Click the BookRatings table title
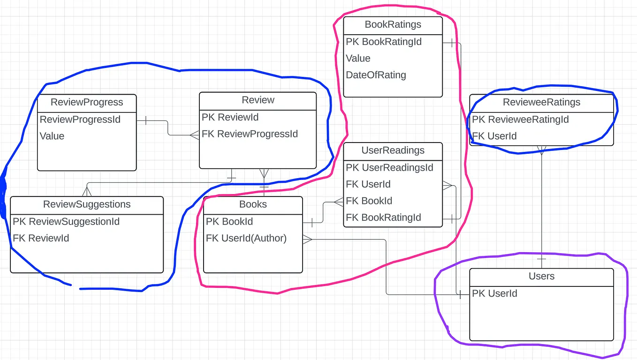point(393,24)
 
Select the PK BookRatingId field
point(384,42)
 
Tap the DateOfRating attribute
point(376,75)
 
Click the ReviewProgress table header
point(87,102)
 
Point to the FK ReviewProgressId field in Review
point(250,134)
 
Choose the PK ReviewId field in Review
point(230,117)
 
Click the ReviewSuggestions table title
point(87,204)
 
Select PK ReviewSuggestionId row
point(66,221)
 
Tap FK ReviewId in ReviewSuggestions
point(41,238)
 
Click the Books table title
point(253,204)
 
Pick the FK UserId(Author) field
point(246,238)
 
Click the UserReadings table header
point(393,150)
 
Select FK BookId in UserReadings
point(369,201)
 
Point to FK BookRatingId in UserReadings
point(383,217)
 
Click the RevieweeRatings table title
point(541,102)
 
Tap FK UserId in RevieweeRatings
point(494,136)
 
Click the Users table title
point(541,276)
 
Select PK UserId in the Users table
point(494,293)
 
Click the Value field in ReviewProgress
point(52,136)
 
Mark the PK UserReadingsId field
point(389,168)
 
